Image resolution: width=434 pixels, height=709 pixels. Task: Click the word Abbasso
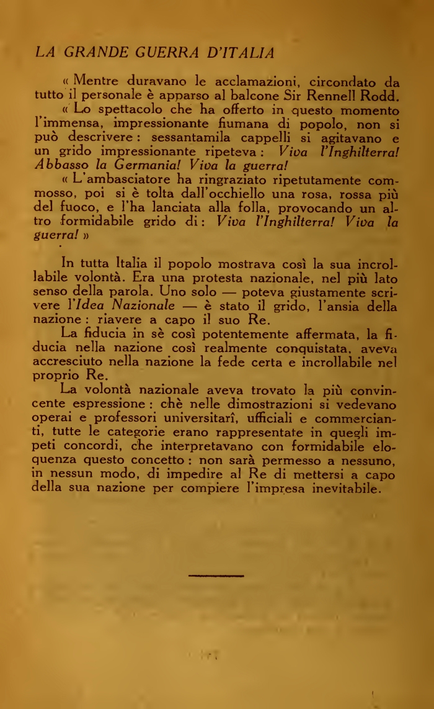(59, 165)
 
